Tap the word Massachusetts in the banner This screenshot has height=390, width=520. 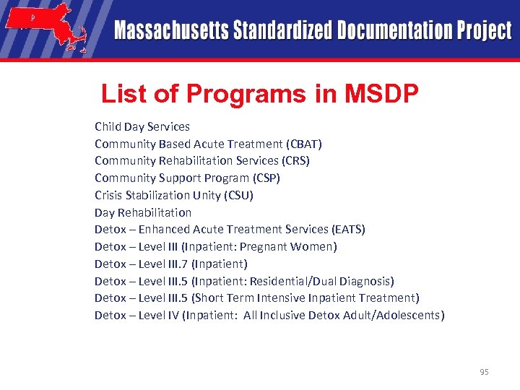click(x=170, y=30)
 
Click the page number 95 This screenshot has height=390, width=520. click(x=484, y=372)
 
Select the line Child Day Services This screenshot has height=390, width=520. click(x=142, y=126)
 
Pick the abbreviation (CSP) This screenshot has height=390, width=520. click(x=266, y=178)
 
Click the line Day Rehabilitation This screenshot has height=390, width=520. click(x=143, y=212)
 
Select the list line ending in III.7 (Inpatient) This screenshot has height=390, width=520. click(x=171, y=264)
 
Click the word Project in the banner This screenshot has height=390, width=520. click(x=483, y=30)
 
